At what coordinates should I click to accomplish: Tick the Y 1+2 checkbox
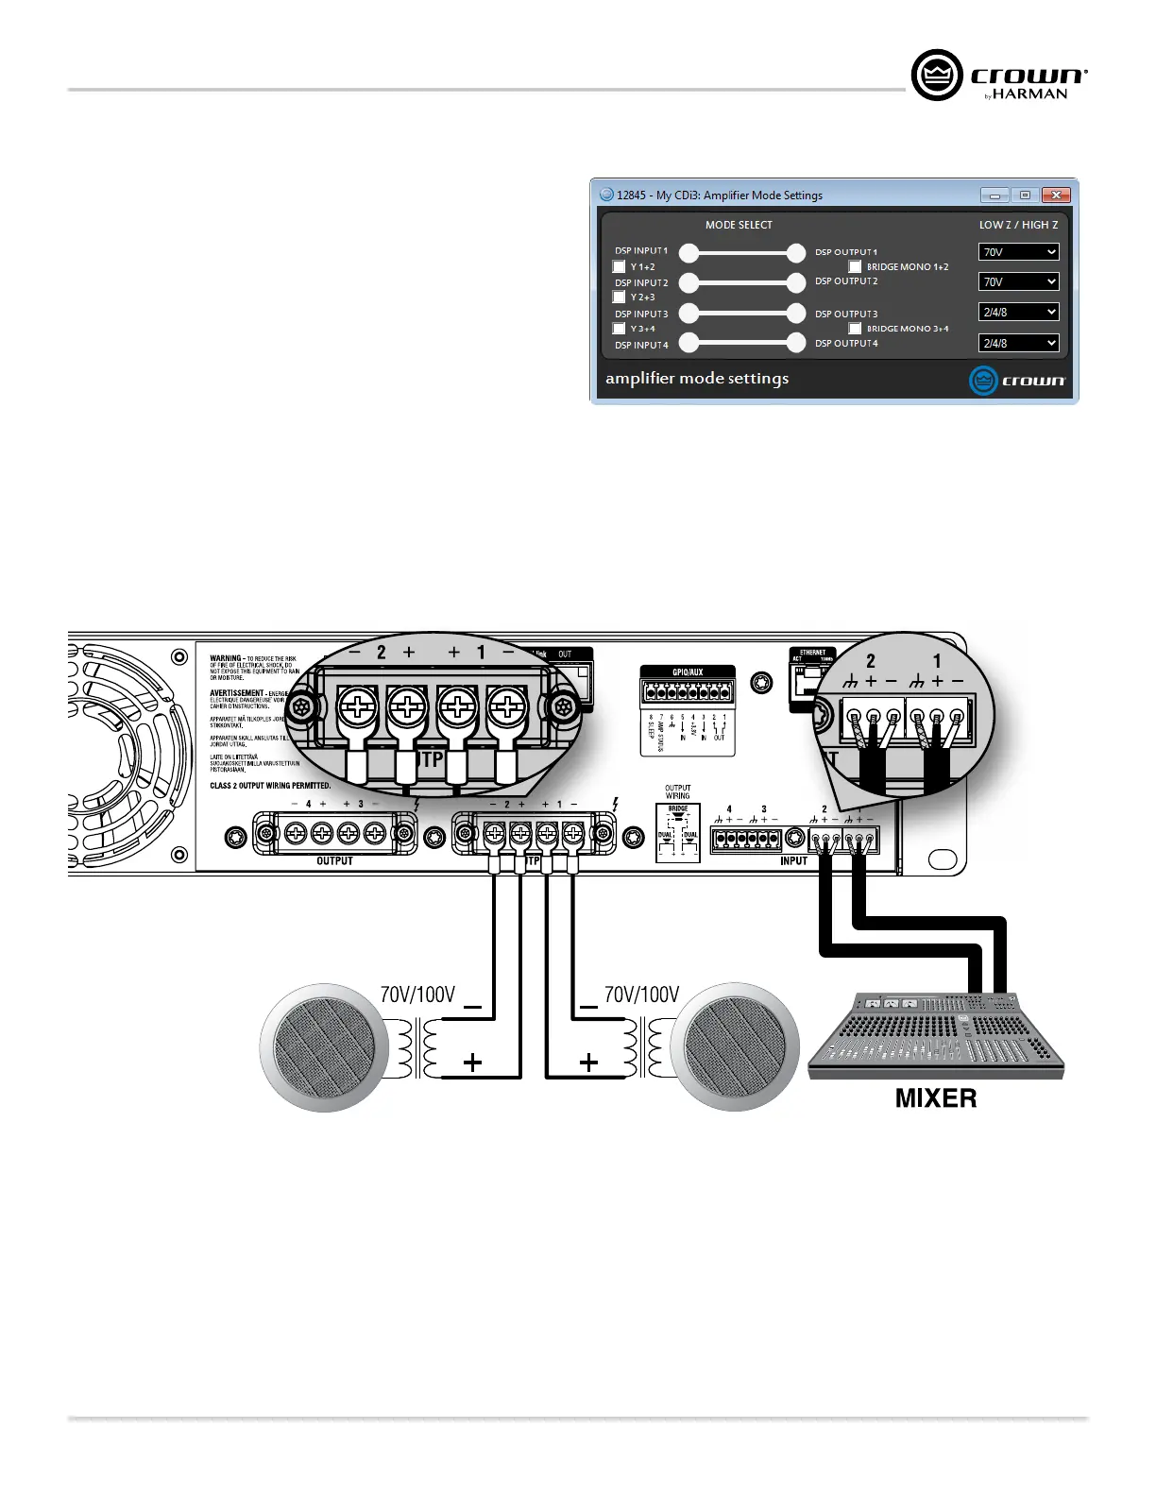(x=620, y=267)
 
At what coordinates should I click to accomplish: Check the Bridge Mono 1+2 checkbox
(x=855, y=267)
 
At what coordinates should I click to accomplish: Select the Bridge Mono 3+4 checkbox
(x=855, y=329)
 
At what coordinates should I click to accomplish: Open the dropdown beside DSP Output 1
(x=1018, y=252)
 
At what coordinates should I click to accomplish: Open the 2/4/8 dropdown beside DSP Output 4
(x=1018, y=343)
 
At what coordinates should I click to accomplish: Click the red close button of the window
(x=1056, y=195)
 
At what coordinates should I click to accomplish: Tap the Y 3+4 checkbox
(x=620, y=329)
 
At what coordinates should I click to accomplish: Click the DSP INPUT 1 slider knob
(x=689, y=252)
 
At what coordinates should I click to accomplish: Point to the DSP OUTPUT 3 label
(x=846, y=314)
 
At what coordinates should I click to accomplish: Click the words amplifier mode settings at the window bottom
(x=697, y=379)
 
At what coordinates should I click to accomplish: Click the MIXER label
(x=936, y=1098)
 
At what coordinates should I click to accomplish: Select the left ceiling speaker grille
(x=324, y=1046)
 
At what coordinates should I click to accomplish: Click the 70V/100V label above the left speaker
(x=417, y=994)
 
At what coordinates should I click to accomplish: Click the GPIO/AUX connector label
(x=688, y=672)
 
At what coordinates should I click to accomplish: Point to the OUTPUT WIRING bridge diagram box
(x=678, y=832)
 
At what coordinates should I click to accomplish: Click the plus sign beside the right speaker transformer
(x=588, y=1062)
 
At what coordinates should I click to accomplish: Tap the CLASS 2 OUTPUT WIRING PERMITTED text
(x=270, y=786)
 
